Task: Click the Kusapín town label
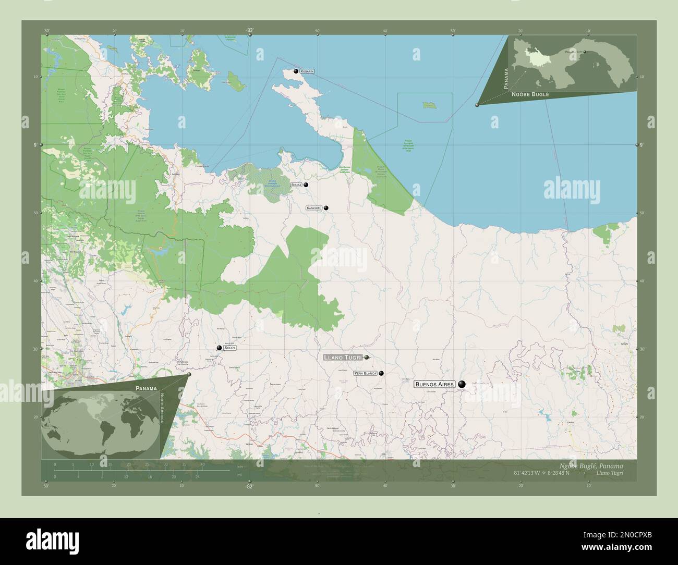point(307,71)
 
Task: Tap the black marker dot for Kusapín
point(296,71)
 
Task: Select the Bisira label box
point(297,185)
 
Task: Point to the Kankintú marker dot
point(326,208)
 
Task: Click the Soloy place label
point(230,348)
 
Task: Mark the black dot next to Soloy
point(220,348)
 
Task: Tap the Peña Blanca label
point(365,374)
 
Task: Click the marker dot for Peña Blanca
point(381,373)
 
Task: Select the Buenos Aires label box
point(435,384)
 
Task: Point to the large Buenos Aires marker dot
point(462,385)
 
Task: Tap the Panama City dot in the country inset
point(585,52)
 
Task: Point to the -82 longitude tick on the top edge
point(250,31)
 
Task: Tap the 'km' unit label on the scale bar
point(240,466)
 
